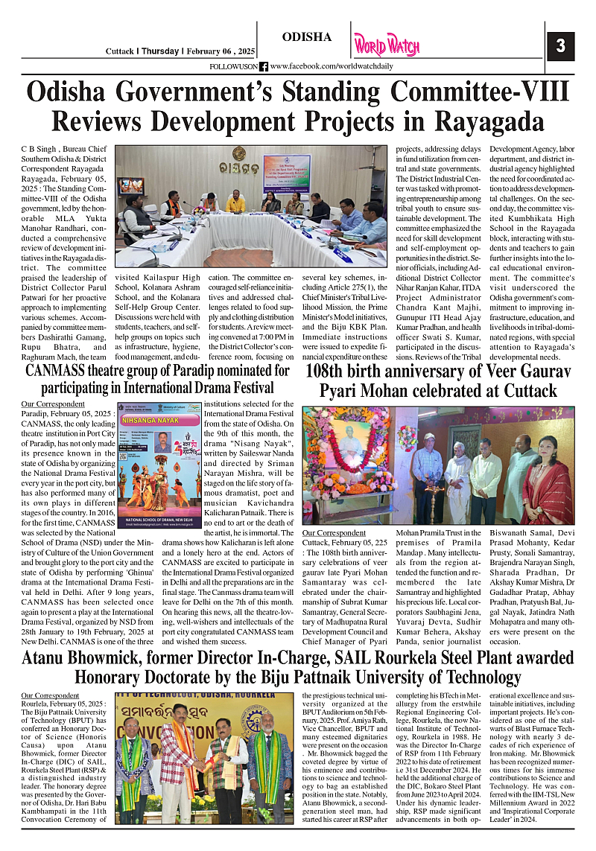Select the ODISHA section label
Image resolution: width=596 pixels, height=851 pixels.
coord(307,37)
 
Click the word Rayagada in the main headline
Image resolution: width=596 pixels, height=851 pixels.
coord(491,121)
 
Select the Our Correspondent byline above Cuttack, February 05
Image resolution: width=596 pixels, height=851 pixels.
coord(334,534)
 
